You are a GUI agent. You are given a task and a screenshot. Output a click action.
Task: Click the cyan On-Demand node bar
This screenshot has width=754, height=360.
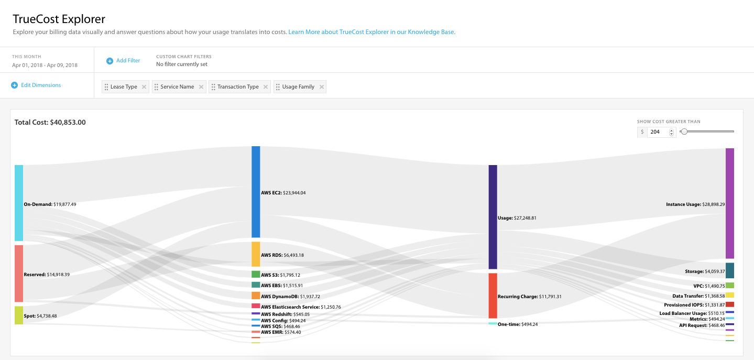click(19, 203)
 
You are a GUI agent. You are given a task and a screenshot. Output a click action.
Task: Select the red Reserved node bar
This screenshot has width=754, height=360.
click(19, 274)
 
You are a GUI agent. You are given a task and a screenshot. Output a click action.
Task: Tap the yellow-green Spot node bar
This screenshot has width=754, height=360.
click(19, 315)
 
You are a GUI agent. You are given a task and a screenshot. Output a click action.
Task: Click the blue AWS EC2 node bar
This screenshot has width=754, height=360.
click(256, 192)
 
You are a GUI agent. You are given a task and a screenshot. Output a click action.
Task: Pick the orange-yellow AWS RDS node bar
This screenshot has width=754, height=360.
click(256, 254)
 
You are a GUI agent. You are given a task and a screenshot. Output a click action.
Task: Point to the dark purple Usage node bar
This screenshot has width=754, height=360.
click(493, 217)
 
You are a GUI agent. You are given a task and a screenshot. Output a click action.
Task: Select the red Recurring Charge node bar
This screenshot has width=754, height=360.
click(493, 296)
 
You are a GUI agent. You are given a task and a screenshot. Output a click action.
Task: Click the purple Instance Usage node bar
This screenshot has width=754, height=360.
click(729, 203)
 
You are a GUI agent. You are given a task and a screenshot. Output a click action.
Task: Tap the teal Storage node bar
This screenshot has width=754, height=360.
click(729, 270)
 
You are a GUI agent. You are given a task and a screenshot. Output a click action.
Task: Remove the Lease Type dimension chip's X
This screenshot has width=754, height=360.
click(144, 87)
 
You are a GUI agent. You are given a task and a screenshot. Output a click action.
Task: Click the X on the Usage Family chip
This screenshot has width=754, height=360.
click(321, 87)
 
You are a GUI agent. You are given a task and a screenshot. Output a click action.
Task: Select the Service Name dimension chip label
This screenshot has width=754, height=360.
click(177, 87)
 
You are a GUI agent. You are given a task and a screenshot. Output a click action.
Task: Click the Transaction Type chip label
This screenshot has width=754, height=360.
click(238, 87)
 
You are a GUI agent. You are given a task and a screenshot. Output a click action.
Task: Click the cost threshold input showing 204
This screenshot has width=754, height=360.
click(657, 132)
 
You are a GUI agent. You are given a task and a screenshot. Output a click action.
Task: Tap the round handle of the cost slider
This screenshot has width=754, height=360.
click(684, 132)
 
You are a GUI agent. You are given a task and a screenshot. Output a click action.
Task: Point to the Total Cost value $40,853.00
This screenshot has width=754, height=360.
click(68, 123)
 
